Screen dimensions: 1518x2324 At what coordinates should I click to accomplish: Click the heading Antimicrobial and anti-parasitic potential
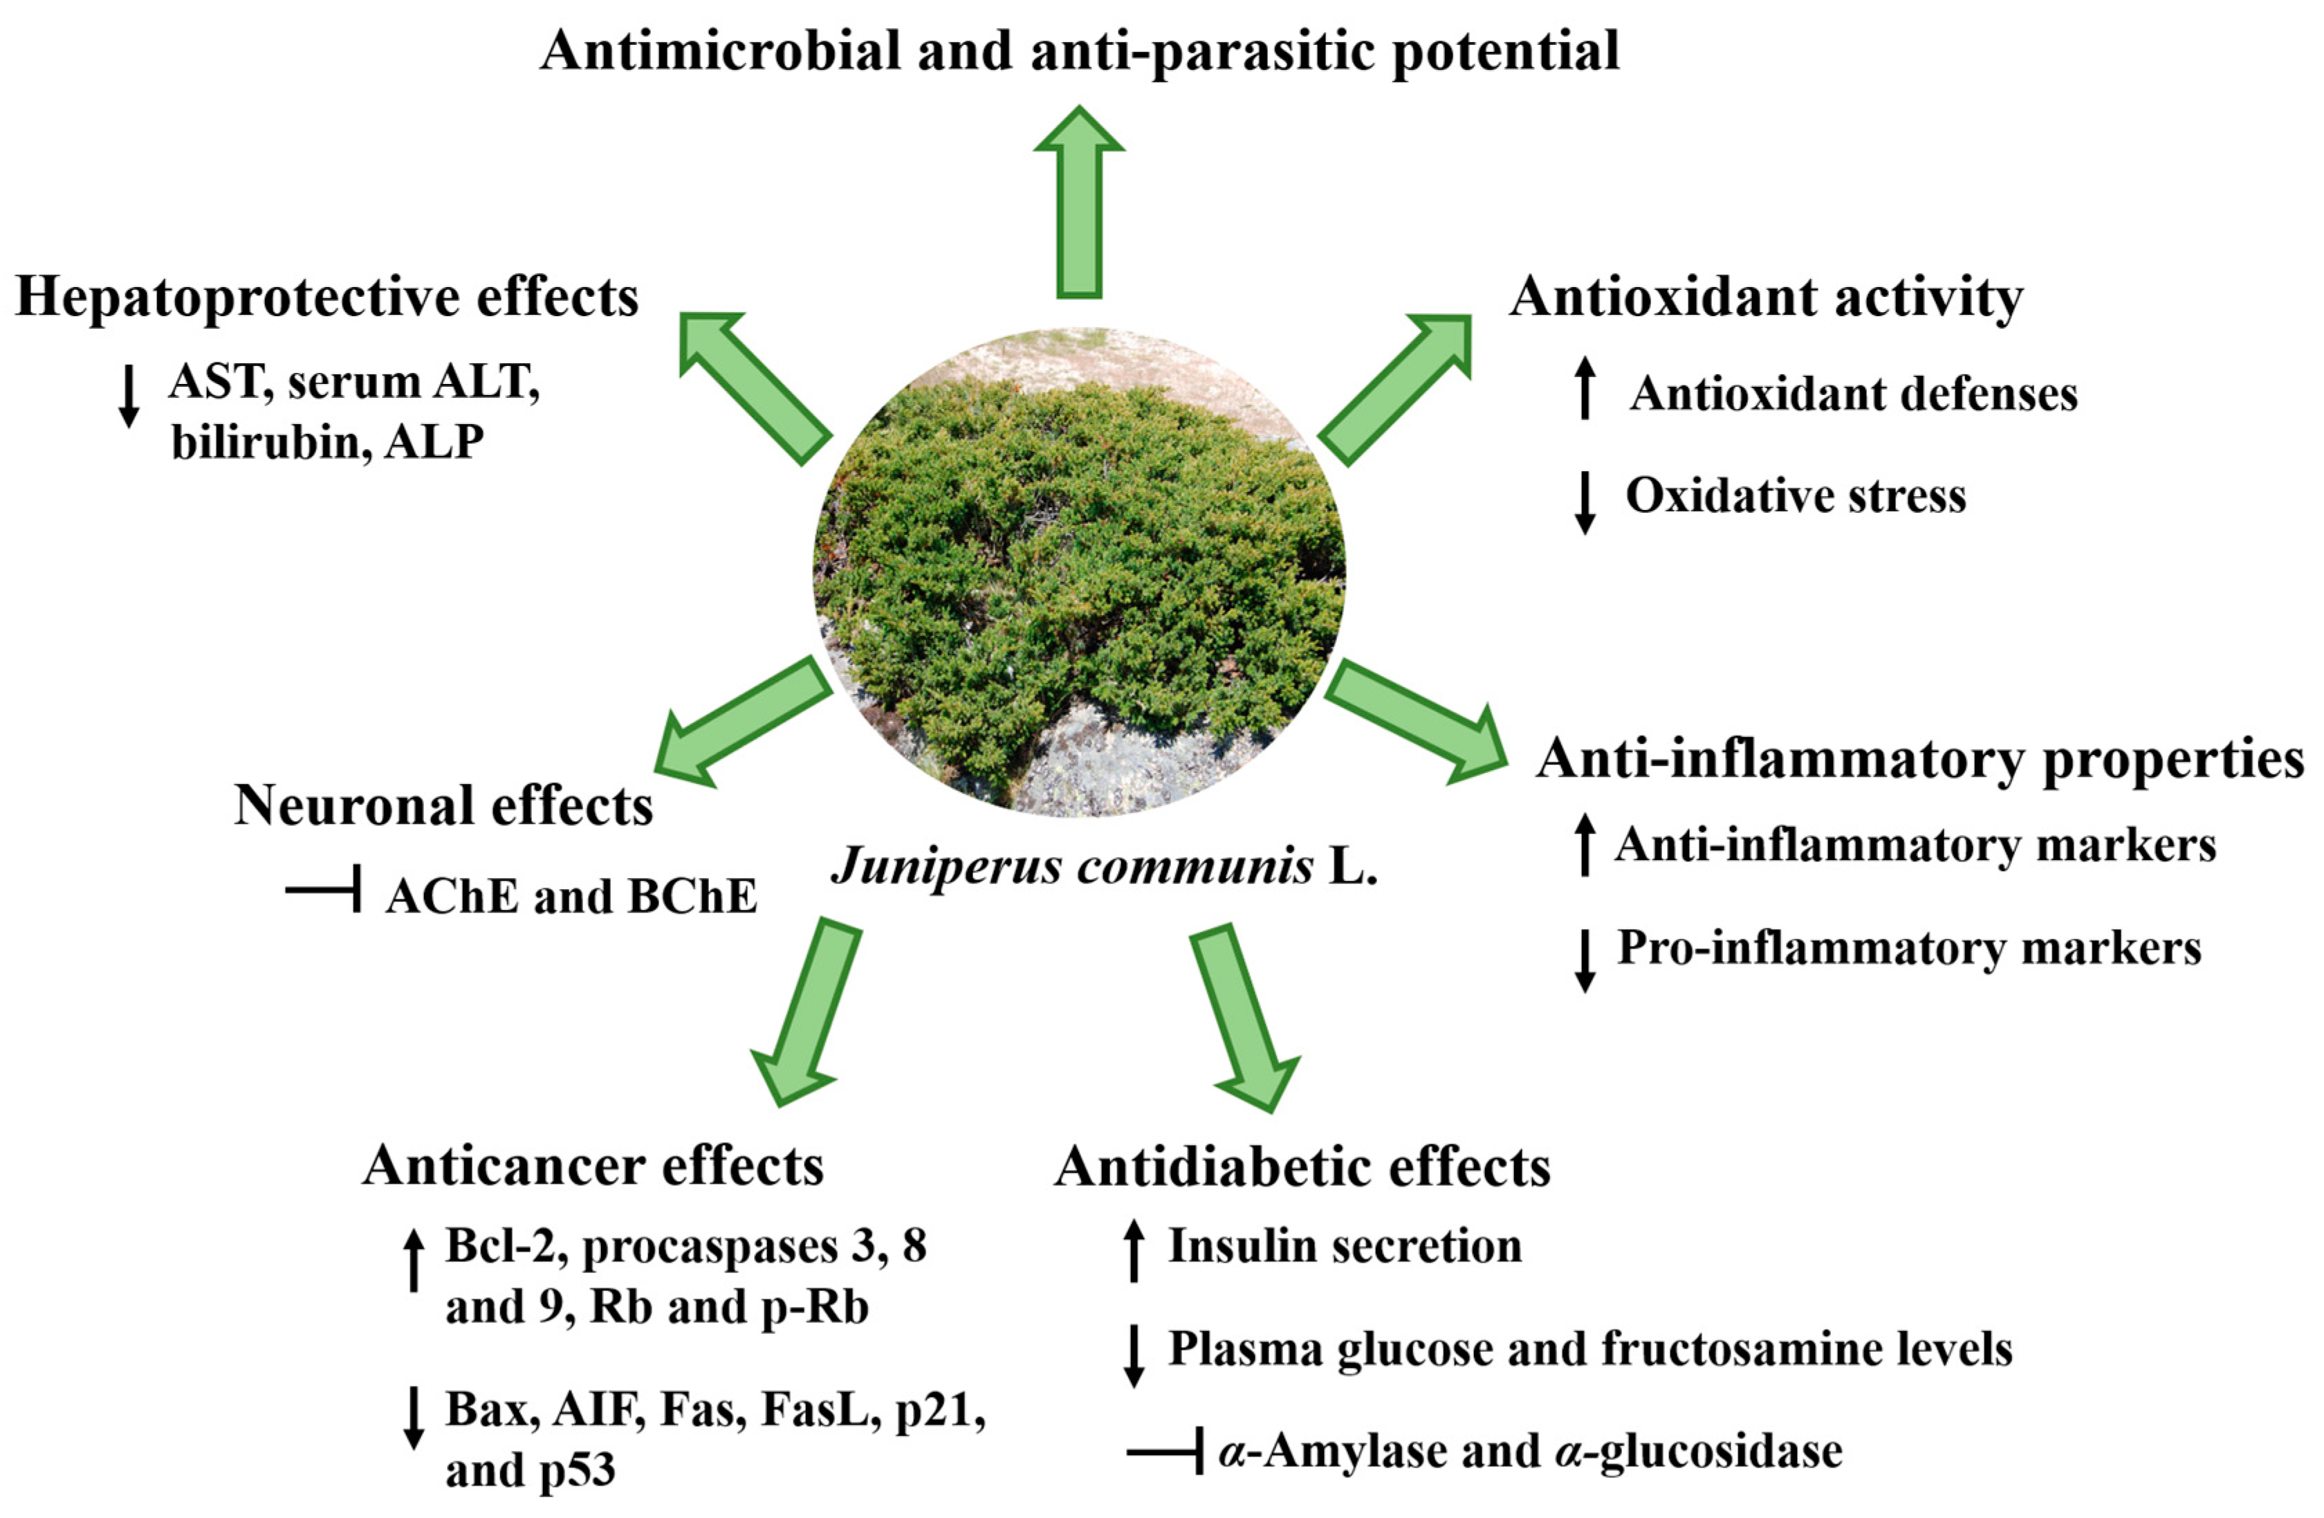click(1079, 51)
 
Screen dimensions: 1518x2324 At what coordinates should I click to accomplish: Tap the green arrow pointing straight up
click(1079, 200)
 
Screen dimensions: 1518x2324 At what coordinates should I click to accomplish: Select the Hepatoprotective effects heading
click(327, 297)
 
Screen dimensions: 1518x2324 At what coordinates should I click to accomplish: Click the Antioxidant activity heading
click(1765, 297)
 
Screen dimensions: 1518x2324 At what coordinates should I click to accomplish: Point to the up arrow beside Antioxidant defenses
click(1585, 389)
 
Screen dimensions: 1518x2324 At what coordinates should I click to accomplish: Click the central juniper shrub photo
click(1079, 571)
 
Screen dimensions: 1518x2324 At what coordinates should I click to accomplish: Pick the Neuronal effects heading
click(443, 806)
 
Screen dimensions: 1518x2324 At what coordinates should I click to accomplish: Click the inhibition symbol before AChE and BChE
click(325, 889)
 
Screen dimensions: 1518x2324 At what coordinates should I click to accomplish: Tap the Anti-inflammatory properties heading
click(1919, 759)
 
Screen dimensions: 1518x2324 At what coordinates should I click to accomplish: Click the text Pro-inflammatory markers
click(1909, 947)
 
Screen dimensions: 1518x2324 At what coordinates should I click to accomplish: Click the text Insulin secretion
click(1345, 1245)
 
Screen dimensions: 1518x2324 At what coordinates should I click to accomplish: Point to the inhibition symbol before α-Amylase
click(1165, 1452)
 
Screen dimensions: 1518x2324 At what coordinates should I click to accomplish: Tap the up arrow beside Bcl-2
click(414, 1260)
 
